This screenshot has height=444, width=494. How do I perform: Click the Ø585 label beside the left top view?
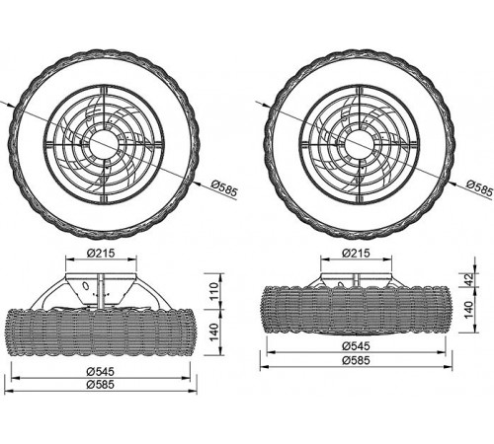pyautogui.click(x=224, y=189)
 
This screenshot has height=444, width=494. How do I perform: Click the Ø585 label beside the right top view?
pyautogui.click(x=480, y=189)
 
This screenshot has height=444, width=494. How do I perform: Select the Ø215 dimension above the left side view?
pyautogui.click(x=101, y=253)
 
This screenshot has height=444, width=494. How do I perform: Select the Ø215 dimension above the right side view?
pyautogui.click(x=356, y=253)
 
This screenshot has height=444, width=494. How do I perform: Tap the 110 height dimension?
pyautogui.click(x=214, y=291)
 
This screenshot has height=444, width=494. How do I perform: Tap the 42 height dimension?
pyautogui.click(x=468, y=279)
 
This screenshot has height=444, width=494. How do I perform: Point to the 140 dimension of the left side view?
pyautogui.click(x=214, y=333)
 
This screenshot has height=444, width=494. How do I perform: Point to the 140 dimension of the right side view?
pyautogui.click(x=468, y=310)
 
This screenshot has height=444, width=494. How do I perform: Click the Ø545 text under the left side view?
pyautogui.click(x=101, y=372)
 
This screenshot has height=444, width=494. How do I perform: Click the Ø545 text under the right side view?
pyautogui.click(x=356, y=346)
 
